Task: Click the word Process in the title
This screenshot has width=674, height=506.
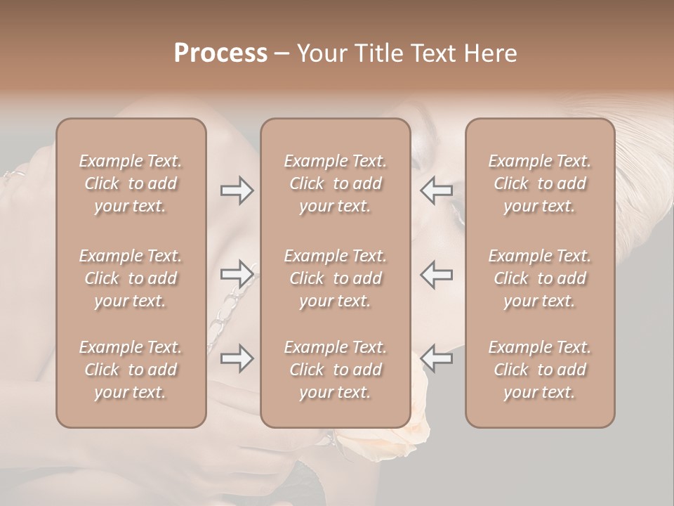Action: [220, 53]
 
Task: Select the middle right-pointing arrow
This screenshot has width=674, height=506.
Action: [237, 275]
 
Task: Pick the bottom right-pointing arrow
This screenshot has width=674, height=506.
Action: [237, 358]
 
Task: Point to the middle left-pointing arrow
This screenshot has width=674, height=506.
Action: [437, 275]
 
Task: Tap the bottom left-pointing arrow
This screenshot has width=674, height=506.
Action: [437, 358]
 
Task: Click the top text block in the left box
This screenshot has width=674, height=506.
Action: [131, 183]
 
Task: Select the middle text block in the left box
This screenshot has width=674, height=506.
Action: [131, 278]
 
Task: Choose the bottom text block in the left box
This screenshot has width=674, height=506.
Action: [131, 370]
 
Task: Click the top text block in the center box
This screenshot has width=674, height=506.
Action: [336, 183]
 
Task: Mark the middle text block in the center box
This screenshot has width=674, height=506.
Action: [336, 278]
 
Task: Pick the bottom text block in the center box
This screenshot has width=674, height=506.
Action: [336, 370]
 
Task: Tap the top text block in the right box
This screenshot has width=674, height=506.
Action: [540, 183]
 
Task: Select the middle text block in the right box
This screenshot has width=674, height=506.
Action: [540, 278]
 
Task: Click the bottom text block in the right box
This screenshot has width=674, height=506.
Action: [540, 370]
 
